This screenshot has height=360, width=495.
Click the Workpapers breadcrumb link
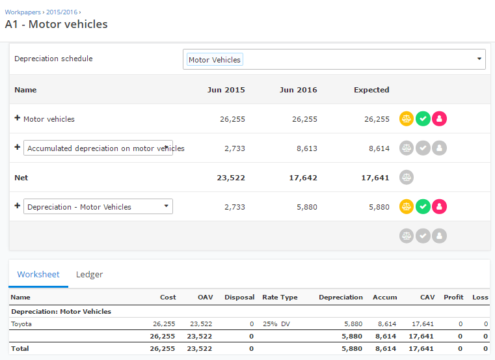[23, 12]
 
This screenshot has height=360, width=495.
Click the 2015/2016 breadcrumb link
[61, 12]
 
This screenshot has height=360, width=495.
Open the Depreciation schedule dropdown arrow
[479, 59]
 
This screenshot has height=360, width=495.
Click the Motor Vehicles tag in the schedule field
[215, 60]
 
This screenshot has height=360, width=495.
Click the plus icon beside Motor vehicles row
[18, 118]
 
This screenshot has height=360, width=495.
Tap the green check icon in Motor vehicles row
[423, 119]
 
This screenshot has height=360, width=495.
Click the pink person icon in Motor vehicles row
[439, 119]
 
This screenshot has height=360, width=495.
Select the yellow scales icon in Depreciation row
[407, 207]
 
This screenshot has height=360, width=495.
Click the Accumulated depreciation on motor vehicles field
[98, 148]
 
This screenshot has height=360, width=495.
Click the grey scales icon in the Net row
[407, 177]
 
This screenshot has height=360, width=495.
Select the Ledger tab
[89, 275]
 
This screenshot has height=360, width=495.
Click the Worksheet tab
[38, 275]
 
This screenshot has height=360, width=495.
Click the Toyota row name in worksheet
[21, 324]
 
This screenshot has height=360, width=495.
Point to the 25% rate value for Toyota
[269, 324]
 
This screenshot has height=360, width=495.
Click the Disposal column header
[239, 297]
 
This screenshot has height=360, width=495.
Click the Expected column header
[371, 90]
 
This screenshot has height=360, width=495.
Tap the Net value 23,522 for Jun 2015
[231, 178]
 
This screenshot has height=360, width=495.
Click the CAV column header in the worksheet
[427, 297]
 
